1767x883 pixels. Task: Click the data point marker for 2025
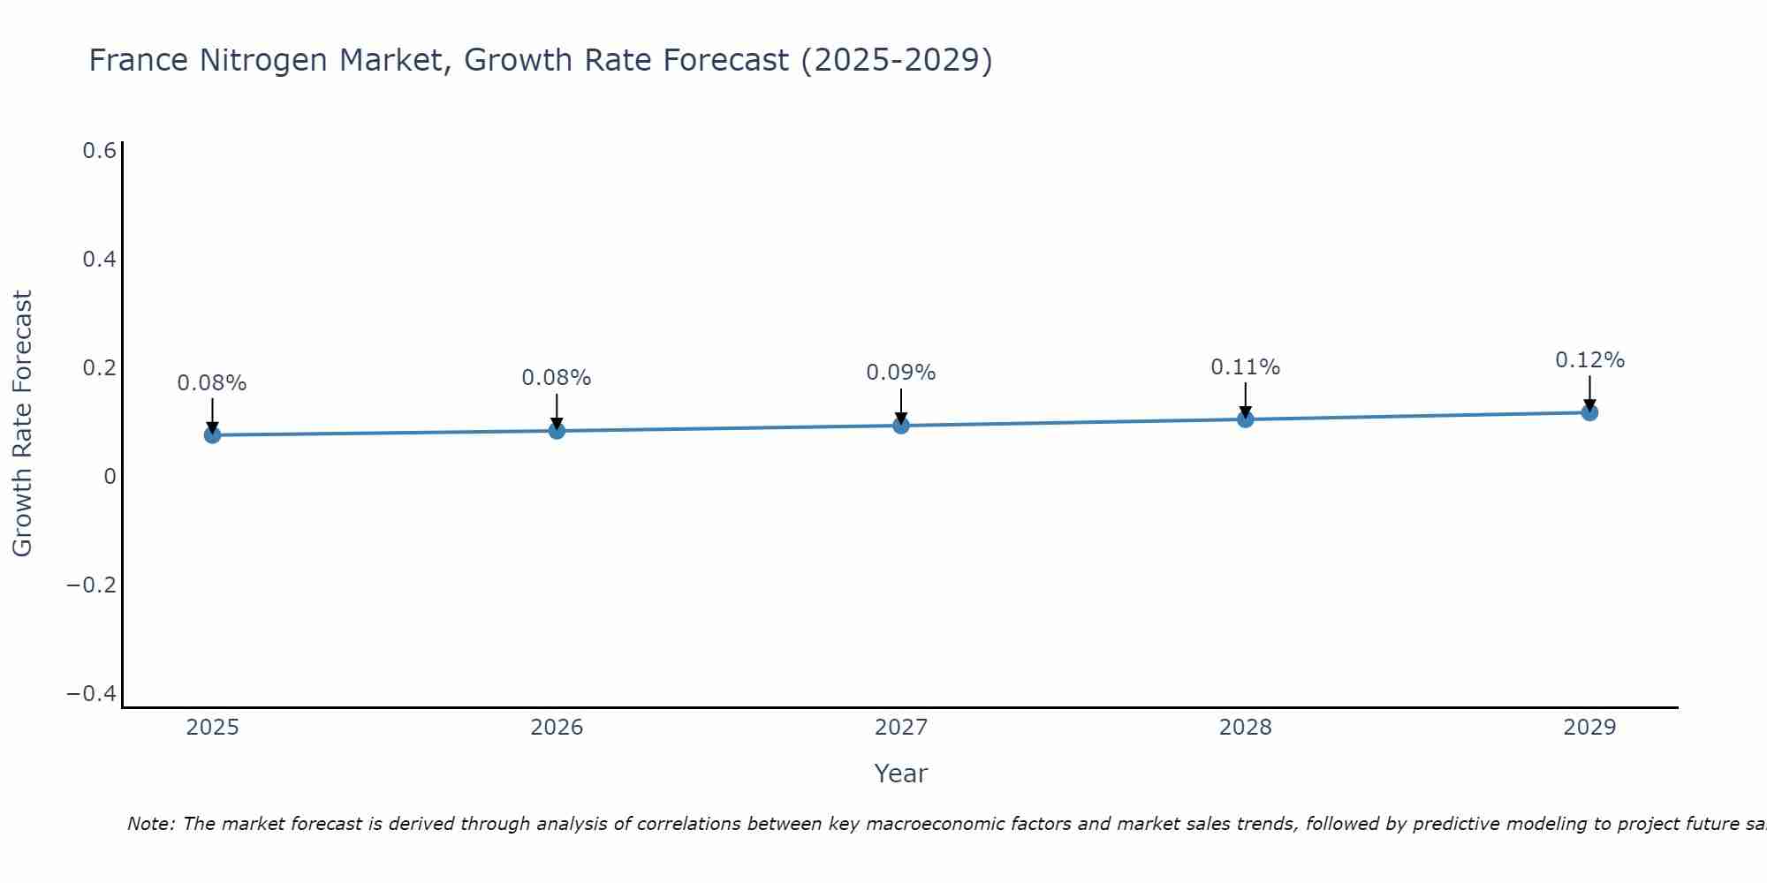212,434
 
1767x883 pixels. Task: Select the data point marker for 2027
901,426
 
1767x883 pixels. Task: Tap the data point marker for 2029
1589,412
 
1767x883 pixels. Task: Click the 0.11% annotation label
1245,367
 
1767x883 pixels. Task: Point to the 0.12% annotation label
1589,360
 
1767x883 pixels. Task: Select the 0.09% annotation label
900,373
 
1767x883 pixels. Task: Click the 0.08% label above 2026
556,378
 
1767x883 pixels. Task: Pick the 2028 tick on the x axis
1245,728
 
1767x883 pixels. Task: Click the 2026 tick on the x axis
557,728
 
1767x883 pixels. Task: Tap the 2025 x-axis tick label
212,728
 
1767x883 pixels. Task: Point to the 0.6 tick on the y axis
99,151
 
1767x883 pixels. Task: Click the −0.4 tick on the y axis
92,694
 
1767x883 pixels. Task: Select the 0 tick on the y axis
110,477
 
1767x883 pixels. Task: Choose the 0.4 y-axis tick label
99,260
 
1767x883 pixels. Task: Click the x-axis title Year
900,774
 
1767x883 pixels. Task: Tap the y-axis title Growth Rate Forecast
22,424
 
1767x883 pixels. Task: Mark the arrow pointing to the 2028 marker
1245,400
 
